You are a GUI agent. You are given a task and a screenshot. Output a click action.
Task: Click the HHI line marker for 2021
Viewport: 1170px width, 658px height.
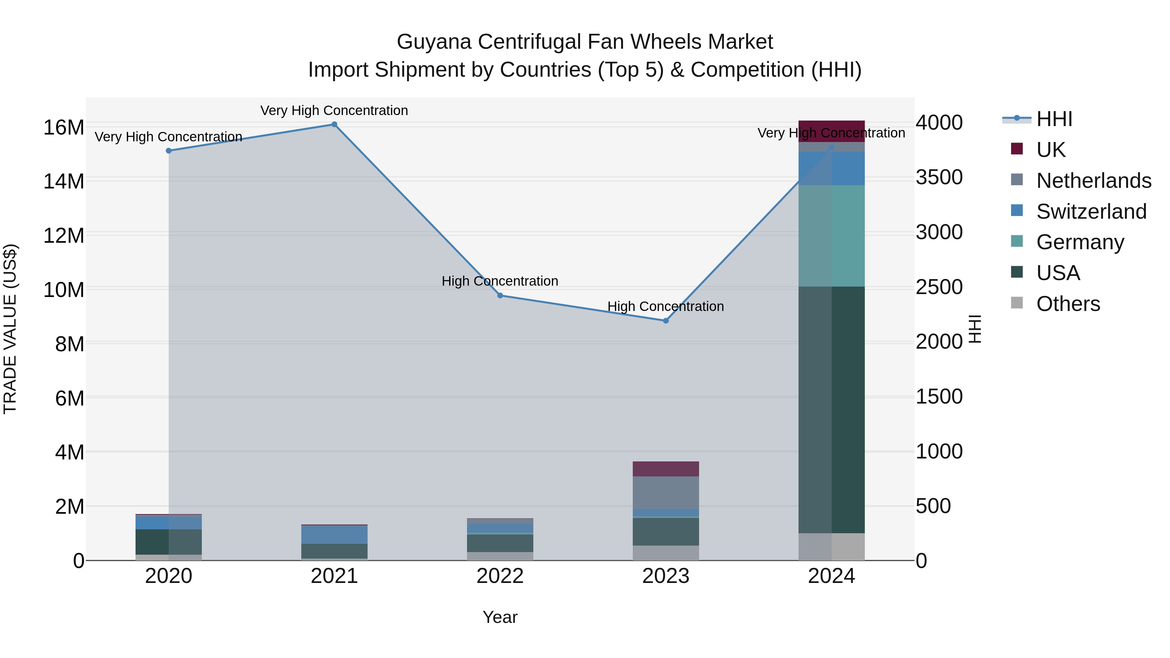pos(334,124)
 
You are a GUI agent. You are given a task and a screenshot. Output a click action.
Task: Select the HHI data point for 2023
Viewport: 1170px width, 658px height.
pos(666,321)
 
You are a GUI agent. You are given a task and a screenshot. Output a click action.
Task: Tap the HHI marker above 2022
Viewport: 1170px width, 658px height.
pos(500,296)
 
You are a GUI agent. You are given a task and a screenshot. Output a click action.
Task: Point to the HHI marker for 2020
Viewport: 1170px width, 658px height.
pos(168,151)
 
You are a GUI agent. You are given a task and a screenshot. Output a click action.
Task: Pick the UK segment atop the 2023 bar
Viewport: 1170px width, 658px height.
pos(666,469)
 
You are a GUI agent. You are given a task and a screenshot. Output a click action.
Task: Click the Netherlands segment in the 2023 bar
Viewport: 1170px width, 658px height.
pos(666,493)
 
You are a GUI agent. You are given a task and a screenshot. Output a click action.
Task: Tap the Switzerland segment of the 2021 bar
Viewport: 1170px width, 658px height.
pos(334,535)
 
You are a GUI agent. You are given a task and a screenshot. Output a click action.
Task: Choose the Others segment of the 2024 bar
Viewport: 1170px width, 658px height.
pos(832,547)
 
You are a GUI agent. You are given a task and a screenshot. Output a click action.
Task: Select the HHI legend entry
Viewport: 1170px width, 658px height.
pos(1054,119)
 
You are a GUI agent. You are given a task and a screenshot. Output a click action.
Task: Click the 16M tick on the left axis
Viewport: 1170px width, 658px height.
pos(64,128)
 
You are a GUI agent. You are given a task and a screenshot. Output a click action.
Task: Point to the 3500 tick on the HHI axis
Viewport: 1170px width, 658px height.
pos(939,177)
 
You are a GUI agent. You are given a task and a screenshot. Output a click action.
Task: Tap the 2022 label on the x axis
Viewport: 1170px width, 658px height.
pos(500,576)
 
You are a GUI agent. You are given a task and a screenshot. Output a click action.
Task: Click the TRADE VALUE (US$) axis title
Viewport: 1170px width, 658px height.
pos(10,329)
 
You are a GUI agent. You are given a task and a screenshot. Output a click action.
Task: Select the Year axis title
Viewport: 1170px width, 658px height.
pos(500,617)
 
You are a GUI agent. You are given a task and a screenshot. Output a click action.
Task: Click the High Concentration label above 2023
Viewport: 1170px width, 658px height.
pos(666,306)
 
